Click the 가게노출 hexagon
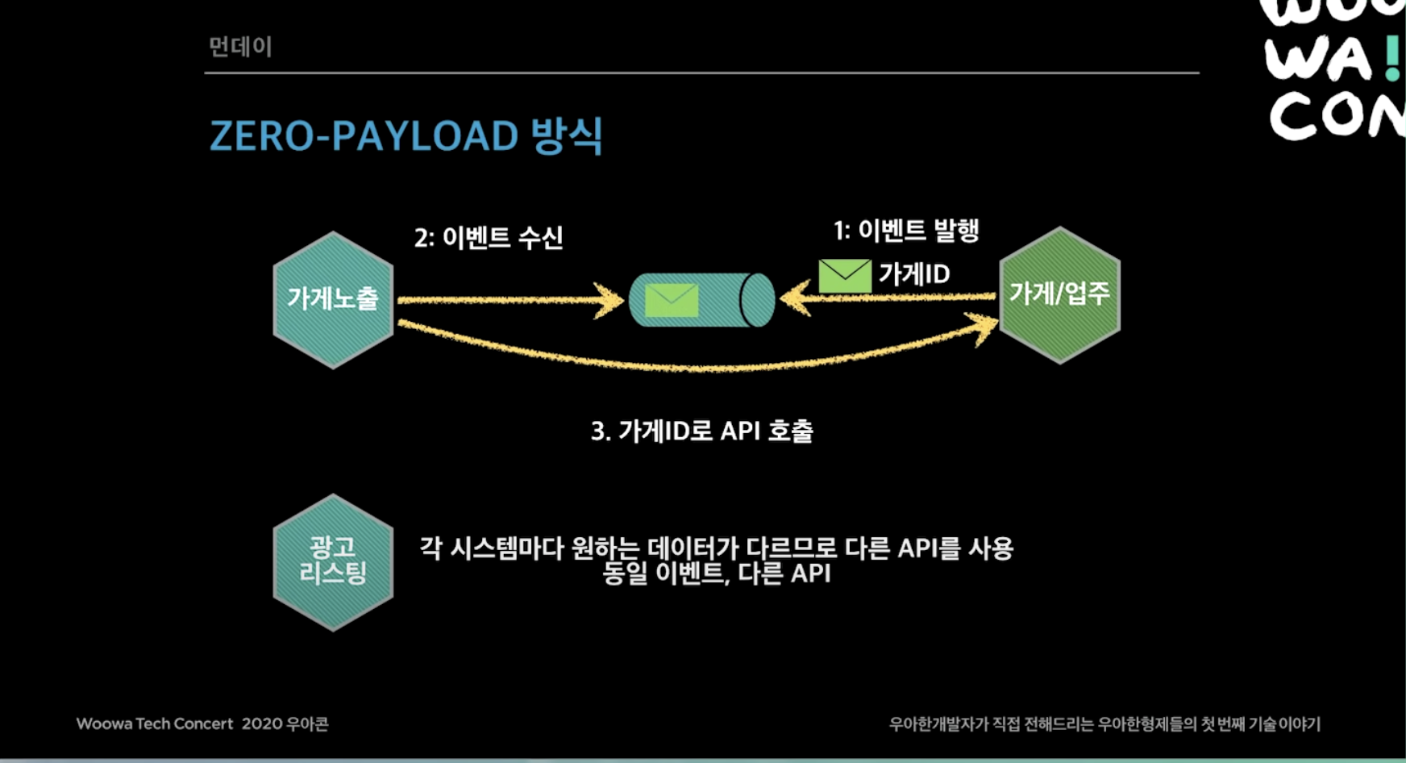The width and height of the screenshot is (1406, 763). click(333, 299)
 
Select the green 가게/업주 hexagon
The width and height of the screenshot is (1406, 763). click(1059, 294)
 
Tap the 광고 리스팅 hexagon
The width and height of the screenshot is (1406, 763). click(333, 561)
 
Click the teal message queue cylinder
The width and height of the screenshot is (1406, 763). click(701, 300)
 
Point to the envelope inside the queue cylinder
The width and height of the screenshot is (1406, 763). click(672, 300)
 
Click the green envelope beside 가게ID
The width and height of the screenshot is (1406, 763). click(844, 276)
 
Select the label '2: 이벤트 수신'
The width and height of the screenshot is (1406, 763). click(489, 237)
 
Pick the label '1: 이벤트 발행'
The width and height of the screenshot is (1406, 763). click(906, 231)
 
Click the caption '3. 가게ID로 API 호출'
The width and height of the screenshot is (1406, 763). click(701, 431)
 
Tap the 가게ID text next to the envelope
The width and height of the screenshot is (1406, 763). click(914, 274)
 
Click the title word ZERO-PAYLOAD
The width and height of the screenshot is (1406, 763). click(364, 136)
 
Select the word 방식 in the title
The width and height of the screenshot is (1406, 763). click(567, 136)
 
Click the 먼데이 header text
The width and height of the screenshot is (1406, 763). click(240, 47)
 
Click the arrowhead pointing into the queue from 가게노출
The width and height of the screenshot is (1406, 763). click(611, 301)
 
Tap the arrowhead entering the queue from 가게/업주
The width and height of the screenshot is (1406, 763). click(794, 298)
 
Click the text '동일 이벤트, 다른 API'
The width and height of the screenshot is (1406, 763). click(717, 573)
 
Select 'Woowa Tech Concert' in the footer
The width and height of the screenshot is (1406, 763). click(155, 723)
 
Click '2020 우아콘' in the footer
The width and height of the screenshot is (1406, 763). click(285, 723)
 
